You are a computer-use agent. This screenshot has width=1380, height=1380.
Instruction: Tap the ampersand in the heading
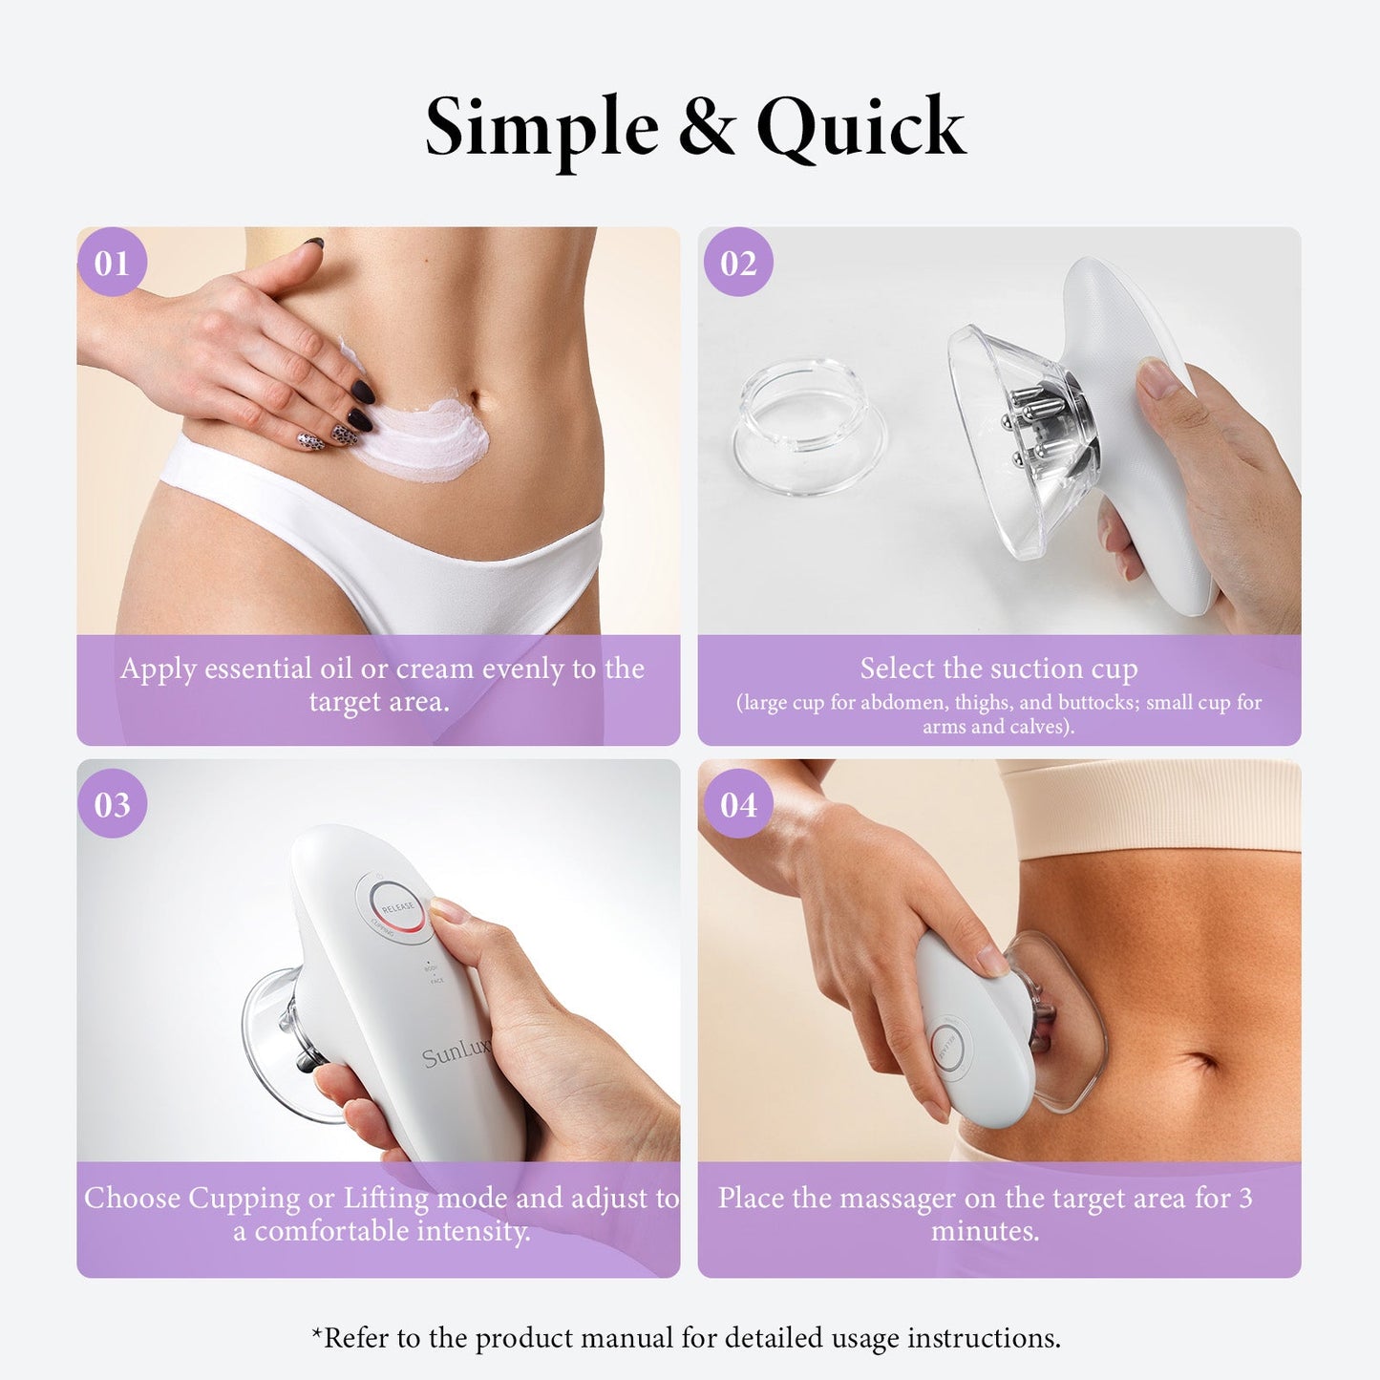pyautogui.click(x=708, y=127)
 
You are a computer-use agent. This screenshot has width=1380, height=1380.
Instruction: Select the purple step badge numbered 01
pyautogui.click(x=112, y=263)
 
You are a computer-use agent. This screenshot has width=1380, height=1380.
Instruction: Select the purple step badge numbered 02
pyautogui.click(x=738, y=263)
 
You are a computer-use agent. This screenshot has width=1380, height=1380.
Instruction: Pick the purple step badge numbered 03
pyautogui.click(x=112, y=804)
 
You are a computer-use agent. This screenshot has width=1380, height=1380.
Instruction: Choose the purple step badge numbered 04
pyautogui.click(x=738, y=804)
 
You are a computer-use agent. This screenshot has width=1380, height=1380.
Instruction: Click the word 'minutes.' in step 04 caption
pyautogui.click(x=985, y=1231)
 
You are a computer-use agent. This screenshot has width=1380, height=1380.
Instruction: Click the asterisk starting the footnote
pyautogui.click(x=317, y=1335)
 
